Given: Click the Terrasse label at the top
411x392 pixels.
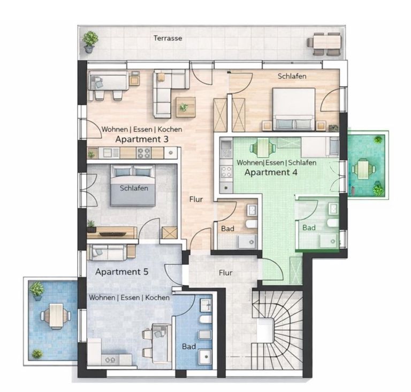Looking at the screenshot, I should pyautogui.click(x=168, y=38).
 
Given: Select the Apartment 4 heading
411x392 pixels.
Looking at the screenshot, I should pyautogui.click(x=271, y=173).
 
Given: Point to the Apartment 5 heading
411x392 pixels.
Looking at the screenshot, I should pyautogui.click(x=121, y=271).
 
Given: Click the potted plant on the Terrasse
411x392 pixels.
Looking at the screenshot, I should pyautogui.click(x=90, y=41).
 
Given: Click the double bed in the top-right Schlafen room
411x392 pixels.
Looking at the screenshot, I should pyautogui.click(x=293, y=109).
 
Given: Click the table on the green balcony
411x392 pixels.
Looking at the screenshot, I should pyautogui.click(x=364, y=169).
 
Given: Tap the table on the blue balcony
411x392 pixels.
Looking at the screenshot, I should pyautogui.click(x=56, y=316).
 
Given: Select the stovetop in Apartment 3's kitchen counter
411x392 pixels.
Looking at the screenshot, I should pyautogui.click(x=144, y=153).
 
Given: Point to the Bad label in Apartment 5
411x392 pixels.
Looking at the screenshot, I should pyautogui.click(x=188, y=347).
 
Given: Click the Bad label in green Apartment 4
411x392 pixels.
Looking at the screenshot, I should pyautogui.click(x=309, y=228).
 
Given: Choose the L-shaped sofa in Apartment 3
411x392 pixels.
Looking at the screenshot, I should pyautogui.click(x=167, y=92).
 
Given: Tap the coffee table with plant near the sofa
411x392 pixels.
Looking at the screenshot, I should pyautogui.click(x=185, y=107).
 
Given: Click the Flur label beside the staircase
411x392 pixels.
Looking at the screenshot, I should pyautogui.click(x=226, y=272).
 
